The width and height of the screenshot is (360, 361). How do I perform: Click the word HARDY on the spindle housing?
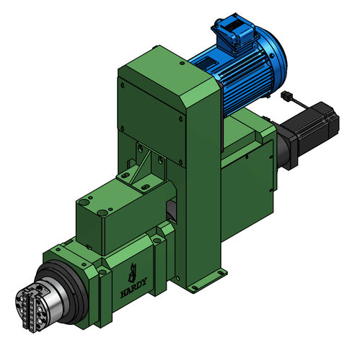(133, 286)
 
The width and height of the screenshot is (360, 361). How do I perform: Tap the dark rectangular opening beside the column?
(171, 209)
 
